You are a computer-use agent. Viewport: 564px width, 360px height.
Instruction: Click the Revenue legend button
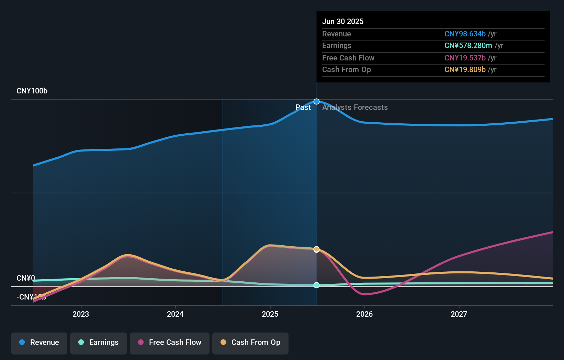click(x=39, y=342)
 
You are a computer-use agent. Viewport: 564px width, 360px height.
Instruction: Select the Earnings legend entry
click(x=99, y=342)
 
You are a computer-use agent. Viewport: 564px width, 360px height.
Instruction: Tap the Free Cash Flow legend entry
click(x=170, y=342)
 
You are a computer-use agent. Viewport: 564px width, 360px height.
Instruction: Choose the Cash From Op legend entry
click(x=250, y=342)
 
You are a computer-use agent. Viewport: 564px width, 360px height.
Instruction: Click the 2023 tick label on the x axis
click(x=81, y=314)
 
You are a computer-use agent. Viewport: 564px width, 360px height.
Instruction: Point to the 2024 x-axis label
click(x=175, y=314)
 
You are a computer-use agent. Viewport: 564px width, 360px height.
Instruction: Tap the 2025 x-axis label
click(x=270, y=314)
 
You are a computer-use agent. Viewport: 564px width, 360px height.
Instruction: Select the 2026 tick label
click(x=364, y=314)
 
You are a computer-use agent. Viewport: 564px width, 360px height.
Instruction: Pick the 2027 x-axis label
click(x=459, y=314)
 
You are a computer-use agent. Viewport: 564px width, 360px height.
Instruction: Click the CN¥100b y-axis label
click(x=32, y=91)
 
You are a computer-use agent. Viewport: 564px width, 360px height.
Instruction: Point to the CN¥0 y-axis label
click(x=26, y=278)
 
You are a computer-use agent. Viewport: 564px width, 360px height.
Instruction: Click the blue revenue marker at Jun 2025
click(x=317, y=102)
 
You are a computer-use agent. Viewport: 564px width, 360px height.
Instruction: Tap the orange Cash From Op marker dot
click(x=317, y=249)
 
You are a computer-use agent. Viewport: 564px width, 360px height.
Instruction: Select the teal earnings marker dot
click(x=317, y=285)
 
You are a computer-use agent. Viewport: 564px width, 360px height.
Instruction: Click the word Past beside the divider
click(x=303, y=108)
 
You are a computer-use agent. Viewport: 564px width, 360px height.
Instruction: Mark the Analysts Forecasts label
click(x=355, y=108)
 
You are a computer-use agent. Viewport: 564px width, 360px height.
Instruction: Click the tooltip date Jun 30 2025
click(x=343, y=21)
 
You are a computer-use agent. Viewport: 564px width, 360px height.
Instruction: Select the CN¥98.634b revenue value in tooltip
click(x=465, y=34)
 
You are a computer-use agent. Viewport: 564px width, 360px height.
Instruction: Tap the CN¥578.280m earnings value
click(x=468, y=46)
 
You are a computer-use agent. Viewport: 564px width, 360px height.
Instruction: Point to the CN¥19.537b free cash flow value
click(x=465, y=58)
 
